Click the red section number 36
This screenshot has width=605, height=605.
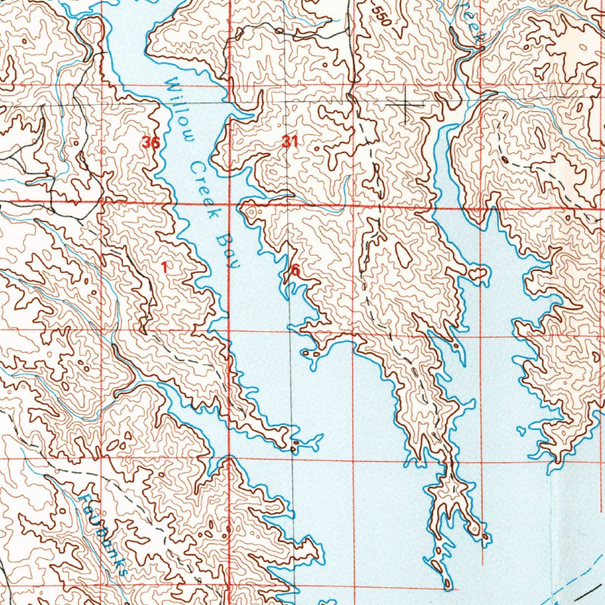tap(151, 142)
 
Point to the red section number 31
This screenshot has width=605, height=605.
tap(290, 141)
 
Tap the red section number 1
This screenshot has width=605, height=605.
tap(164, 267)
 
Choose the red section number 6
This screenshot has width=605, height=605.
tap(295, 270)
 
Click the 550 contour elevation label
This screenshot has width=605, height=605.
tap(382, 14)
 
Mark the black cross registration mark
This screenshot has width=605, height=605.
tap(405, 105)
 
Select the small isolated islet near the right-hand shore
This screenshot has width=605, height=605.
tap(521, 430)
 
